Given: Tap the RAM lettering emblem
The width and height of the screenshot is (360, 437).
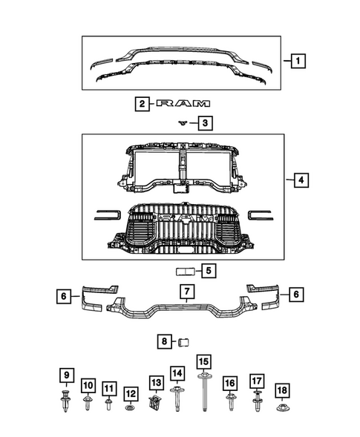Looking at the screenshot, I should [183, 104].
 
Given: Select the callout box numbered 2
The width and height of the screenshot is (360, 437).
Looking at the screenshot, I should [140, 104].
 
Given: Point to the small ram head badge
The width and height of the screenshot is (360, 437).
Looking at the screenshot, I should [181, 123].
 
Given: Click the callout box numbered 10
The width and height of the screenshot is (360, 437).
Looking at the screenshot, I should [88, 386].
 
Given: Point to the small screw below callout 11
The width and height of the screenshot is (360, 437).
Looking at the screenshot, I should [109, 404].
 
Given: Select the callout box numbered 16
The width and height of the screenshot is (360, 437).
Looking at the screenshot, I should [230, 383].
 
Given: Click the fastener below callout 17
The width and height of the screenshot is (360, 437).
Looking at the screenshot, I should [257, 404].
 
